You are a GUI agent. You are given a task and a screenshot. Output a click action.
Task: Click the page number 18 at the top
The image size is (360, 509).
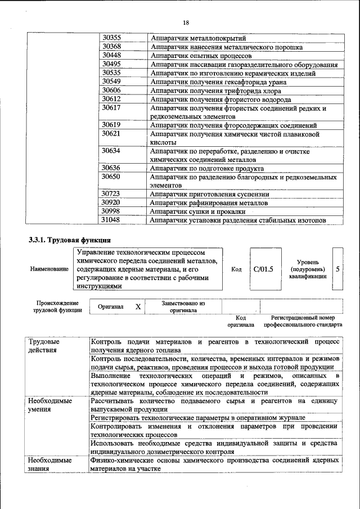point(186,22)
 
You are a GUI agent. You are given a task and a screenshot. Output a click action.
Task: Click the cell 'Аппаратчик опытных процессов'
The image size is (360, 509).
point(201,56)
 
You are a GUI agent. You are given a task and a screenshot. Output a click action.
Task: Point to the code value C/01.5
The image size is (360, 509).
point(263,269)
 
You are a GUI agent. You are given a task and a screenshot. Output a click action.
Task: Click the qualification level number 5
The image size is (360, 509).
point(337,269)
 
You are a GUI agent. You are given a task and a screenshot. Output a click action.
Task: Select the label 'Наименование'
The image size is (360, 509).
point(49,269)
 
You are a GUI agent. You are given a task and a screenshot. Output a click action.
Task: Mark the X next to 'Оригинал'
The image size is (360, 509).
point(137,307)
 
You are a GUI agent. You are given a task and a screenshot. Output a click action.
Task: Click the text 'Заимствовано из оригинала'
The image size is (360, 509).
point(183,307)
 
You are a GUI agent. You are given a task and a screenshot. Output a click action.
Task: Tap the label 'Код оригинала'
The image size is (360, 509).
point(241,321)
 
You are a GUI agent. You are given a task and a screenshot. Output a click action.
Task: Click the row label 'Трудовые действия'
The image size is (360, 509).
point(43,346)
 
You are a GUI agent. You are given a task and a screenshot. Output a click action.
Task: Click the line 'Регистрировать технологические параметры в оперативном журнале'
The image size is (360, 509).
point(198,418)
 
